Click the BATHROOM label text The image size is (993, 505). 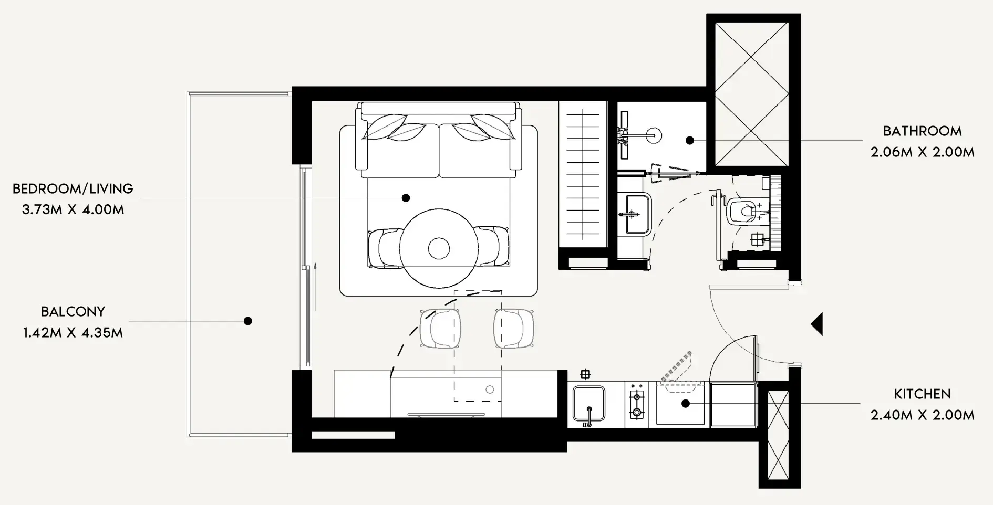tap(922, 131)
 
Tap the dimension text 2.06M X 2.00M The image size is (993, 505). tap(922, 152)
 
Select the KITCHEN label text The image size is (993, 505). tap(922, 394)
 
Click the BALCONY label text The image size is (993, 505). tap(73, 312)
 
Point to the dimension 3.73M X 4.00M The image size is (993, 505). tap(73, 209)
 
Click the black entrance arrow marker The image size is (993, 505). tap(817, 324)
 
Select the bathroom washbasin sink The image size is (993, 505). tap(636, 214)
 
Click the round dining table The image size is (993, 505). tap(439, 248)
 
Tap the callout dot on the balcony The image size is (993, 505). tap(248, 321)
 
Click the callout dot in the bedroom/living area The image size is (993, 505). tap(406, 198)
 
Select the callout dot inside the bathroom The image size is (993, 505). tap(690, 140)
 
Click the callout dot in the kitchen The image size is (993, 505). tap(686, 404)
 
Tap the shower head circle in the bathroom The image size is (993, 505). tap(654, 135)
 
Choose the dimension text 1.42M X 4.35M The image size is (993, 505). tap(73, 333)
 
